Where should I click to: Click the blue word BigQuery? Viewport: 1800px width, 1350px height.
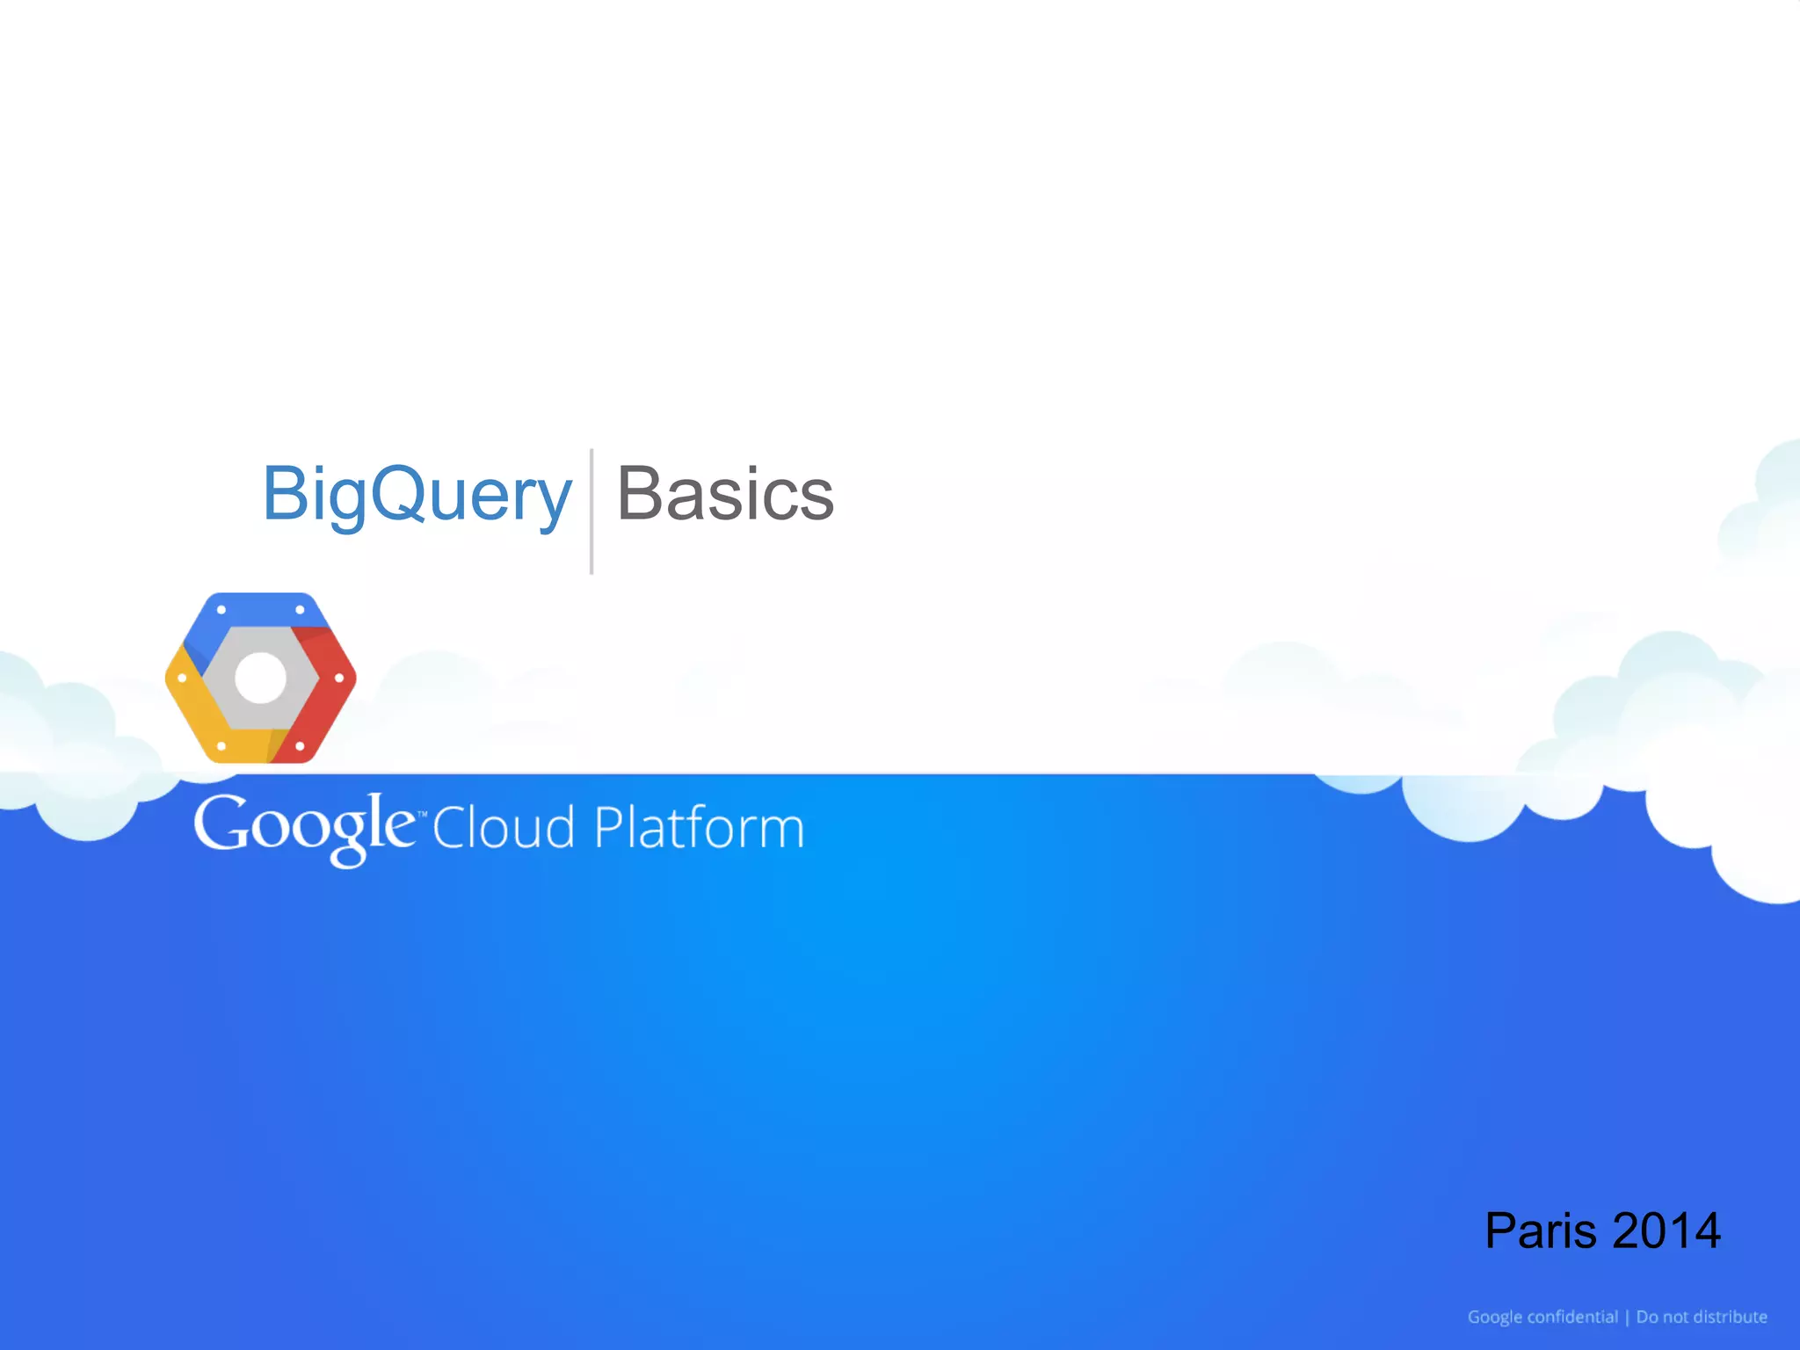click(x=417, y=495)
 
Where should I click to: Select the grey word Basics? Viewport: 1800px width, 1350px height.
click(x=725, y=495)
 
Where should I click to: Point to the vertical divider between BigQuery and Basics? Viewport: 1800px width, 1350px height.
click(x=592, y=511)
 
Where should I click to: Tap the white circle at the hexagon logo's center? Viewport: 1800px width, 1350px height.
click(x=261, y=678)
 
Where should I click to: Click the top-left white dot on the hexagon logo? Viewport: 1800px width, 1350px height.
click(x=221, y=609)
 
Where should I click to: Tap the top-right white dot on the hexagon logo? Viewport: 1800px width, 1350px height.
click(x=300, y=609)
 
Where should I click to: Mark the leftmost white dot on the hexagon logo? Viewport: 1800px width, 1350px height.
click(x=182, y=679)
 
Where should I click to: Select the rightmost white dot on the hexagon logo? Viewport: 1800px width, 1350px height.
click(x=339, y=679)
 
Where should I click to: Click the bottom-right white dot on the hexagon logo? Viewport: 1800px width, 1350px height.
click(x=300, y=746)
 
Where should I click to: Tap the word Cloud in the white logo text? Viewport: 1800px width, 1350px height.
click(x=504, y=828)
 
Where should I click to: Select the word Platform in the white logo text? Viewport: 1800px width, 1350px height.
click(x=699, y=828)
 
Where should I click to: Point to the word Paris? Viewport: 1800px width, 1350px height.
click(x=1540, y=1230)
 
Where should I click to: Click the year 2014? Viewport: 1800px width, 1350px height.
click(x=1666, y=1230)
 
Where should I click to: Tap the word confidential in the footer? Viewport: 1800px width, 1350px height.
click(x=1572, y=1317)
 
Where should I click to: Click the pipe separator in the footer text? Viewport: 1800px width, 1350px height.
click(x=1627, y=1317)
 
